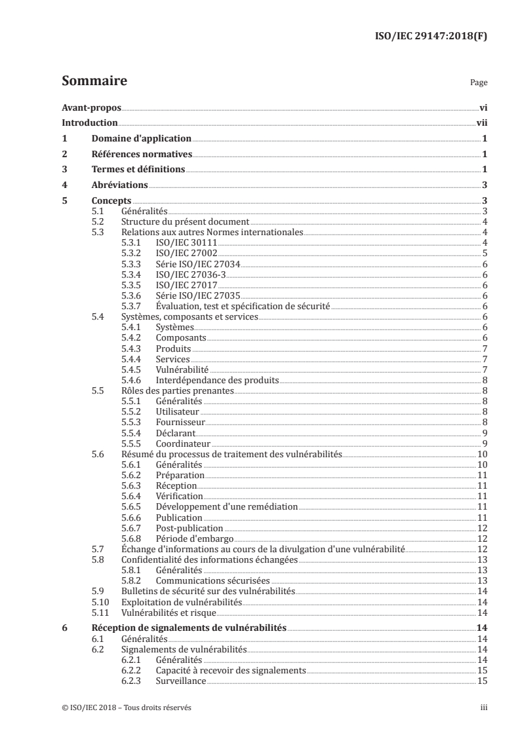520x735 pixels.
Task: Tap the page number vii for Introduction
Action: coord(481,123)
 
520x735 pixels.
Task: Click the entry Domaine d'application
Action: coord(141,139)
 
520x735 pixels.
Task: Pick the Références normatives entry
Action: coord(142,155)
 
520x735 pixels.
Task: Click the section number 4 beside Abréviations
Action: coord(64,185)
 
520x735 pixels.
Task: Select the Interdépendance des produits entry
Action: coord(217,380)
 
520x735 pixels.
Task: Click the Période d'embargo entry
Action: coord(190,538)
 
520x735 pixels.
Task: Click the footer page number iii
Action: coord(484,707)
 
